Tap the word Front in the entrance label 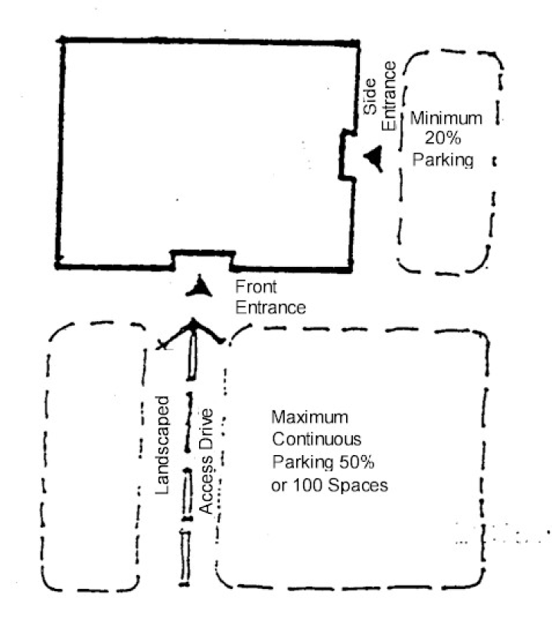[x=256, y=288]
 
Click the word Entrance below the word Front [x=270, y=307]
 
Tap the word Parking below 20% [x=447, y=160]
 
